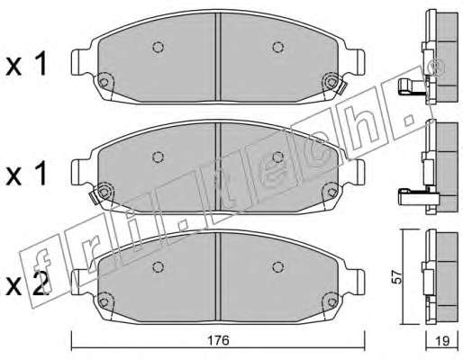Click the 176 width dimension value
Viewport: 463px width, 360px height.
[218, 340]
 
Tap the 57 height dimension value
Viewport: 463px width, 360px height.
[397, 276]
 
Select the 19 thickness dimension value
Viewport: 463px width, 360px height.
[442, 341]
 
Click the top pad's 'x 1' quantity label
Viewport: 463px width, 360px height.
[26, 63]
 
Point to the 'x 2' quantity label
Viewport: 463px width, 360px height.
[26, 283]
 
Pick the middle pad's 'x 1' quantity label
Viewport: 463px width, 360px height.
[26, 173]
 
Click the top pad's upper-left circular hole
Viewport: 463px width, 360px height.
[158, 47]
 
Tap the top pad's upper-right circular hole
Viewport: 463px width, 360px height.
[278, 47]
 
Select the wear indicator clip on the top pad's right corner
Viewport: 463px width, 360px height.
[342, 88]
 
